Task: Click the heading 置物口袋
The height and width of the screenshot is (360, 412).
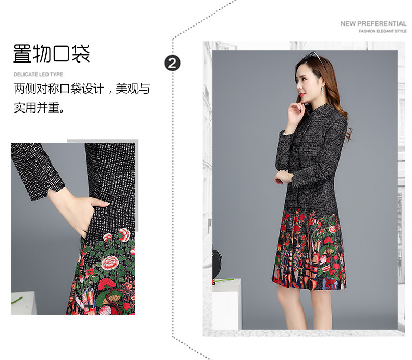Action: pyautogui.click(x=51, y=54)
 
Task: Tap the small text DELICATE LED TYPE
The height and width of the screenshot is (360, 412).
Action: pyautogui.click(x=38, y=75)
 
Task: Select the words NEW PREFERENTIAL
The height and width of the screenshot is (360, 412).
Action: pyautogui.click(x=373, y=23)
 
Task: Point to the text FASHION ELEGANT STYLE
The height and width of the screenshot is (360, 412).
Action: pyautogui.click(x=382, y=31)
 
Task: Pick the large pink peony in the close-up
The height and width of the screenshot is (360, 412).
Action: pyautogui.click(x=111, y=262)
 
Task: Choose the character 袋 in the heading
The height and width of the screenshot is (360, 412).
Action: pyautogui.click(x=81, y=54)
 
